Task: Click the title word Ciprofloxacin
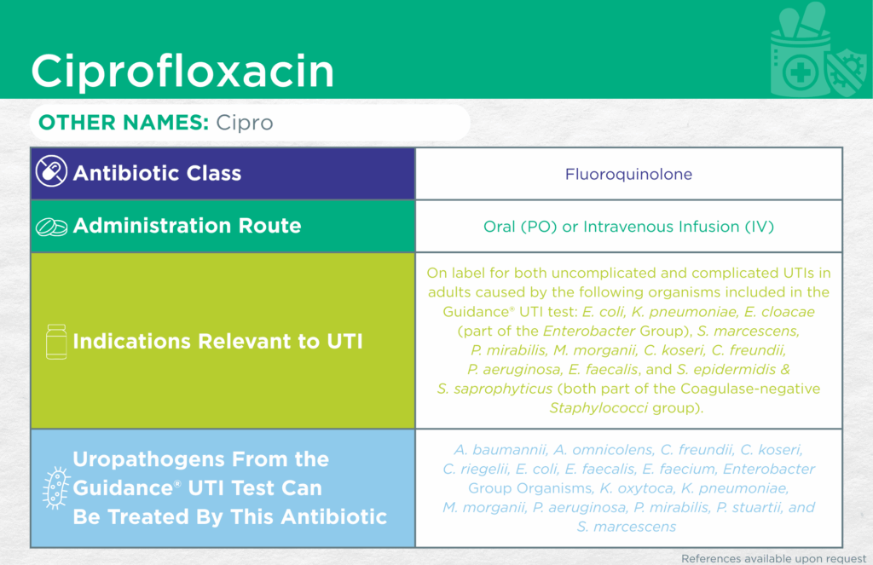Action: click(182, 72)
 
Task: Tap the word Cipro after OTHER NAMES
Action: click(245, 123)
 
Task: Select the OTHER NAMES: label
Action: click(124, 123)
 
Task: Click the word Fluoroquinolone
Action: click(628, 174)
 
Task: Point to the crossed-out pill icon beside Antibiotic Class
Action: click(51, 171)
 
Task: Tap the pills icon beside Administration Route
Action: click(52, 227)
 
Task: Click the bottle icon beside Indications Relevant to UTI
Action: click(56, 341)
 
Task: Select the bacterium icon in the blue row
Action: click(56, 488)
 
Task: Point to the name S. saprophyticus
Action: click(495, 389)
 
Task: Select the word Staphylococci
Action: click(598, 408)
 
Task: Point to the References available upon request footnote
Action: click(774, 558)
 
